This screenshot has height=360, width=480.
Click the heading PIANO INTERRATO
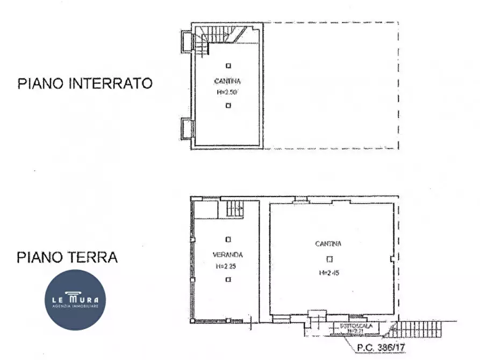click(85, 83)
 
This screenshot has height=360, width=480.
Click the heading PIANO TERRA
click(67, 257)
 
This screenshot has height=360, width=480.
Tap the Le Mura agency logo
click(75, 299)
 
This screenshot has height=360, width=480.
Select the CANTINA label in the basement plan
click(228, 82)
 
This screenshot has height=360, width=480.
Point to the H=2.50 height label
click(228, 92)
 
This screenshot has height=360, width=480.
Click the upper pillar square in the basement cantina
click(228, 66)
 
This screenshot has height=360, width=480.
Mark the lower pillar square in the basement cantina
click(228, 106)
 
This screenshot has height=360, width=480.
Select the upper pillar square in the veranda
click(228, 239)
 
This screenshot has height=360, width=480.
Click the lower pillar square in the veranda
click(228, 279)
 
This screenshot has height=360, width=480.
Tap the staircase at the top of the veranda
click(234, 207)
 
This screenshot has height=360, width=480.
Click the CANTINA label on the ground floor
click(328, 243)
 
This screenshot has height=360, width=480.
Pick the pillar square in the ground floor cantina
click(329, 258)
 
